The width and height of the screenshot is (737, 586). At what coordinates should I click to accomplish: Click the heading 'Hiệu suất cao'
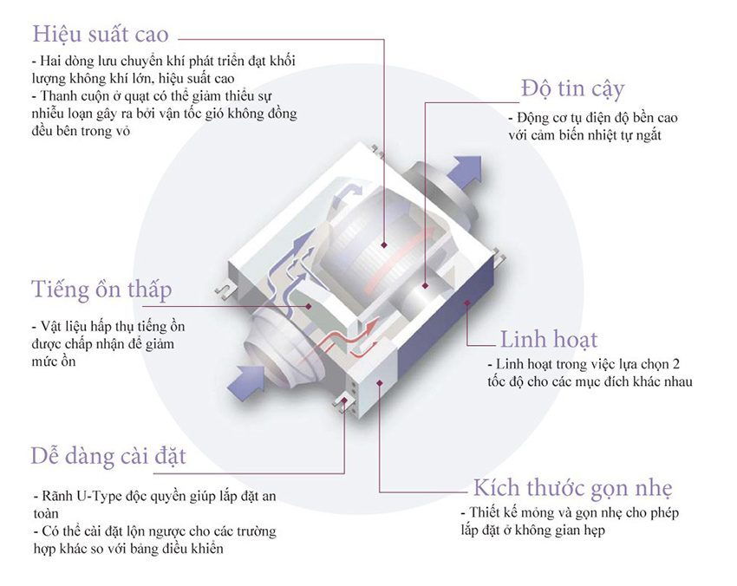[100, 36]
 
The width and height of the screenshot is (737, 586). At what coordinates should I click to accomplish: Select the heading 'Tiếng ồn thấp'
[101, 289]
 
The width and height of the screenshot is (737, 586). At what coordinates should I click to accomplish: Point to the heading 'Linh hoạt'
[549, 339]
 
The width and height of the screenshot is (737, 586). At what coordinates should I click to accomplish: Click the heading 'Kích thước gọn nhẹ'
[572, 487]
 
